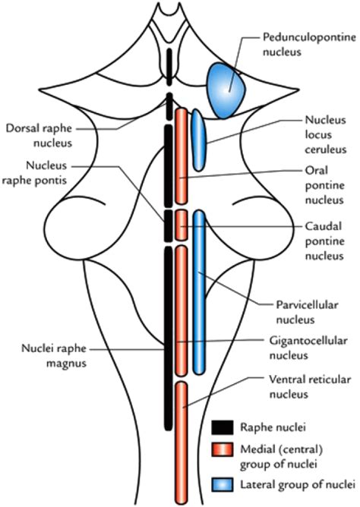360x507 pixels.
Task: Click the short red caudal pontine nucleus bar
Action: pos(182,225)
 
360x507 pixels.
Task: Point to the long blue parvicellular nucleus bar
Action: pos(199,292)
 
